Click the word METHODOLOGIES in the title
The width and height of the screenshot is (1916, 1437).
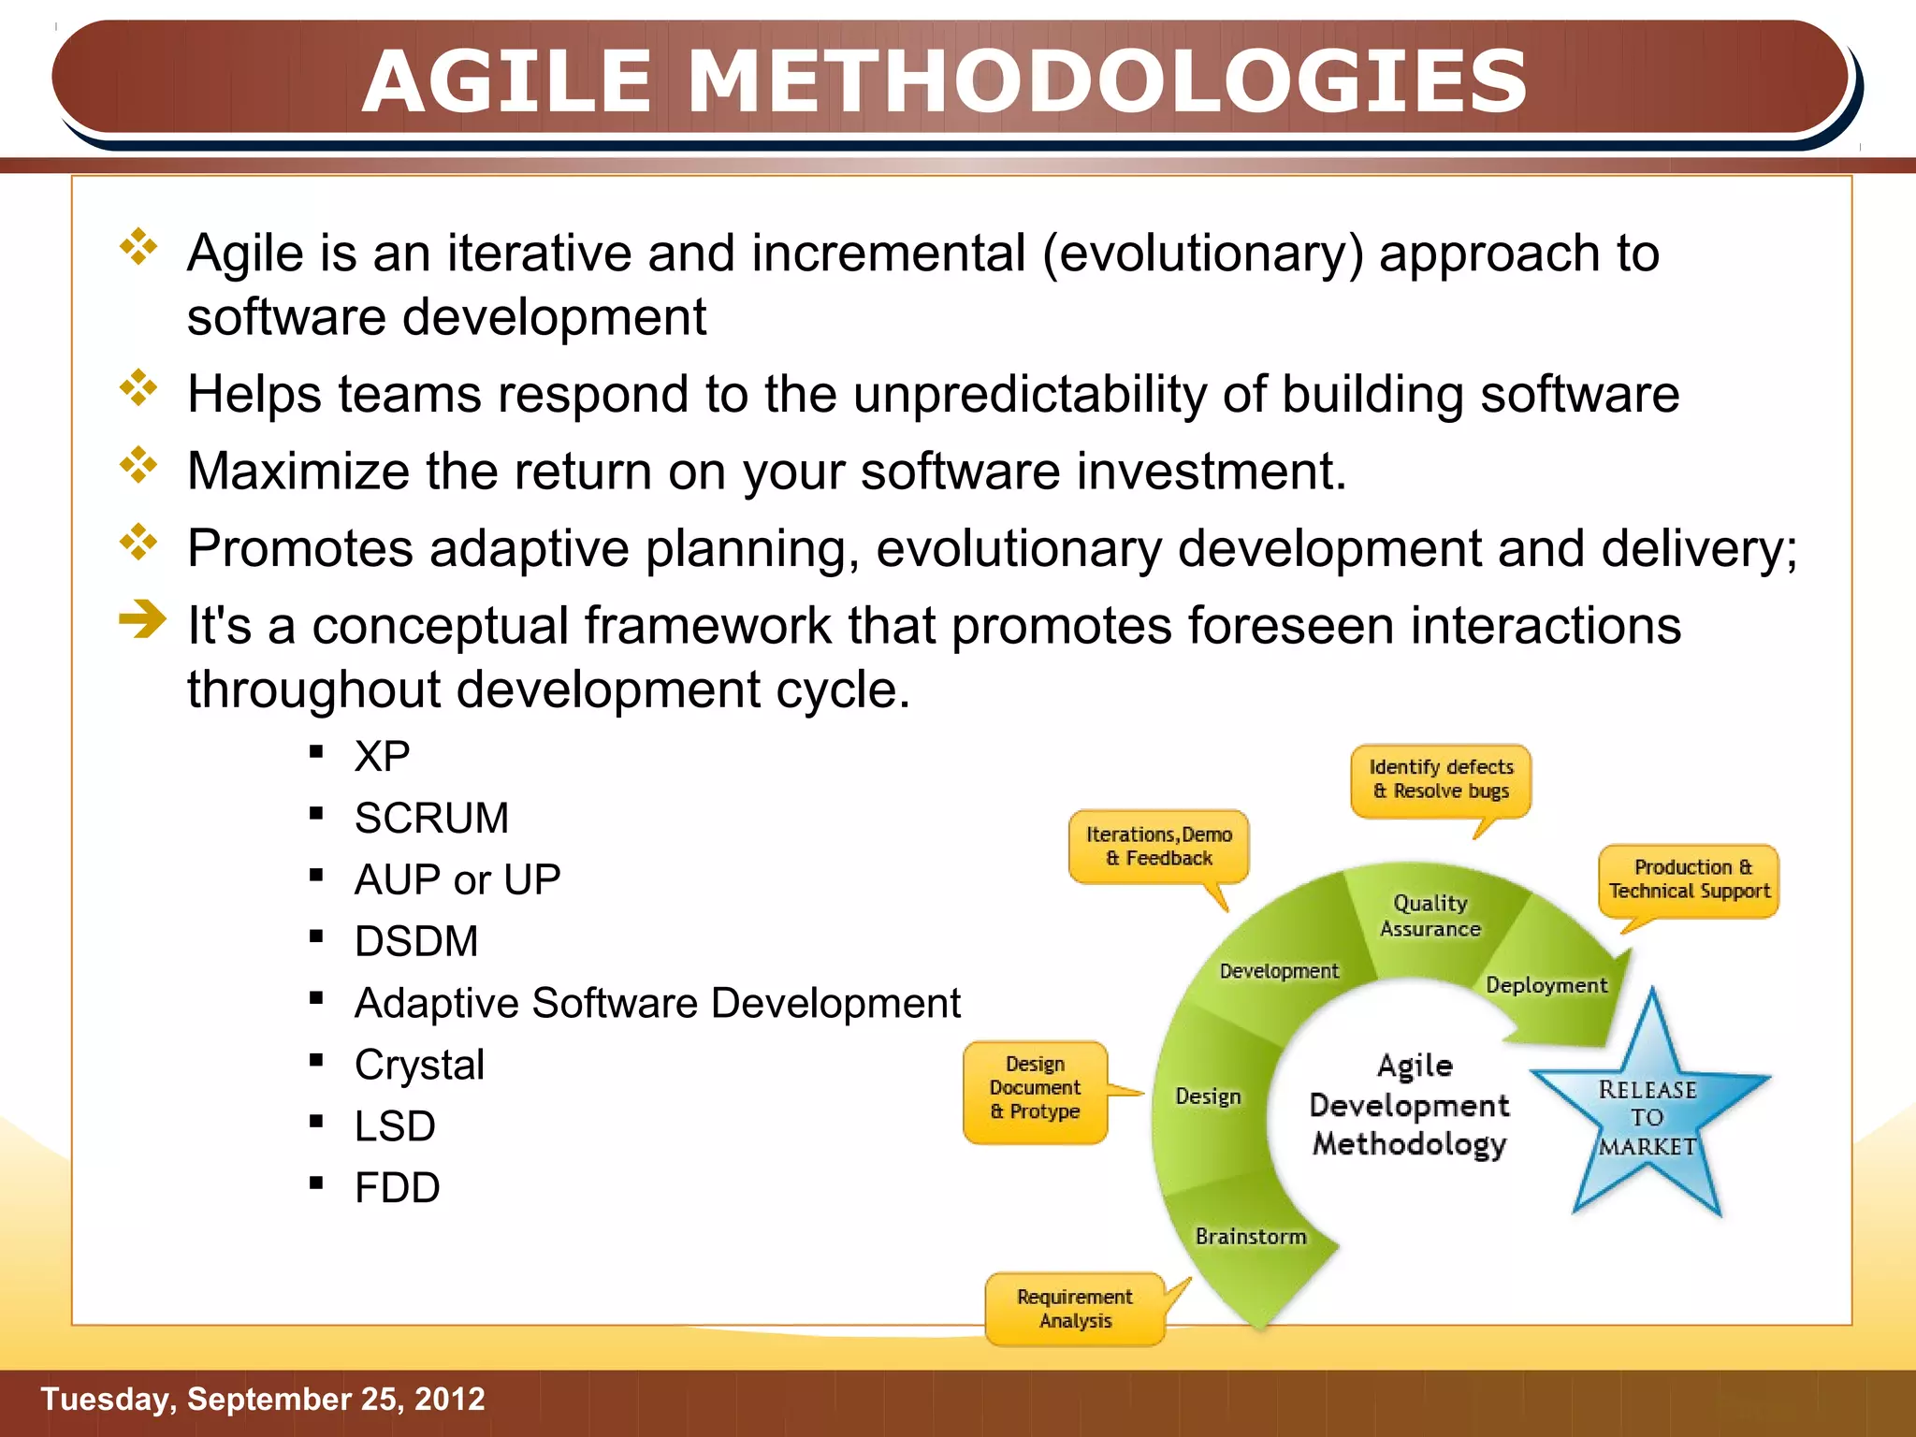click(1107, 82)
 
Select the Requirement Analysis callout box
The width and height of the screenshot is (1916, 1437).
click(1075, 1309)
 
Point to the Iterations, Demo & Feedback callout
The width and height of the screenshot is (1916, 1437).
click(1158, 846)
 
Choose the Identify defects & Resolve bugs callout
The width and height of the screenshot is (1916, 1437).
click(1441, 778)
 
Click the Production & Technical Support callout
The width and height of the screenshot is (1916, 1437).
click(1689, 879)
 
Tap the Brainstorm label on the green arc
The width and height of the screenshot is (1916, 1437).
click(1251, 1237)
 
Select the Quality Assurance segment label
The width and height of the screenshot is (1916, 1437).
click(1430, 916)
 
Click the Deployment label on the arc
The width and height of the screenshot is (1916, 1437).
click(1546, 985)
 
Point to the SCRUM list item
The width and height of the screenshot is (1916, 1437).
click(431, 818)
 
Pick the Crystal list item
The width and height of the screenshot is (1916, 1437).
click(419, 1065)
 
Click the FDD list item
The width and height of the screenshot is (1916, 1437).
click(397, 1188)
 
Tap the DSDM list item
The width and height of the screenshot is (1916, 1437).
click(416, 941)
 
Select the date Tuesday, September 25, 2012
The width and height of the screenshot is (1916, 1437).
click(263, 1399)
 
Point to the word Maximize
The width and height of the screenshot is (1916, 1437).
click(298, 471)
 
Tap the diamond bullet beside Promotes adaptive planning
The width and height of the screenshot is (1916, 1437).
click(138, 542)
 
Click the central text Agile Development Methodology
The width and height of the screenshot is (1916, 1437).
click(1409, 1105)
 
